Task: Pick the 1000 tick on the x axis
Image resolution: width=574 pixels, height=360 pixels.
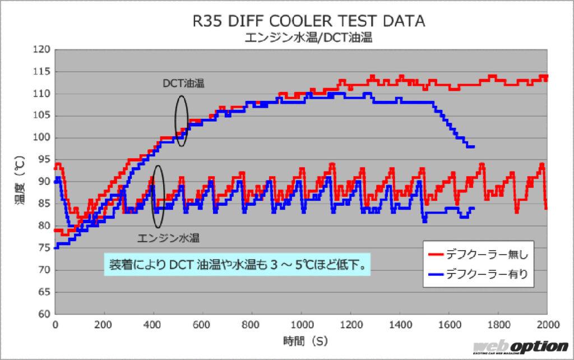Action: tap(302, 325)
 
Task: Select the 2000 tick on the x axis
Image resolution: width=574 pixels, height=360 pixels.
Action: tap(548, 325)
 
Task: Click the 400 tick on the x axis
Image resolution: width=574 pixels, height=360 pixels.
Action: tap(154, 325)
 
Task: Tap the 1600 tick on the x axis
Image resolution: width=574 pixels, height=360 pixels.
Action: tap(450, 325)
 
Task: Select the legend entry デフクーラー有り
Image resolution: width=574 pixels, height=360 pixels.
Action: tap(486, 275)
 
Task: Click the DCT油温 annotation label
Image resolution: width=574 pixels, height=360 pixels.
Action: tap(183, 84)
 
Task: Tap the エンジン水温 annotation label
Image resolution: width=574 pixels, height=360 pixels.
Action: tap(169, 237)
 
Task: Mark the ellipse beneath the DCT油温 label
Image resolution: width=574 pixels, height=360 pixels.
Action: tap(181, 121)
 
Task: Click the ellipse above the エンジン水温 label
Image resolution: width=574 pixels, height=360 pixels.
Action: tap(158, 196)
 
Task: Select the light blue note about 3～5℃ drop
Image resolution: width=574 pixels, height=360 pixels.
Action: tap(238, 264)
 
